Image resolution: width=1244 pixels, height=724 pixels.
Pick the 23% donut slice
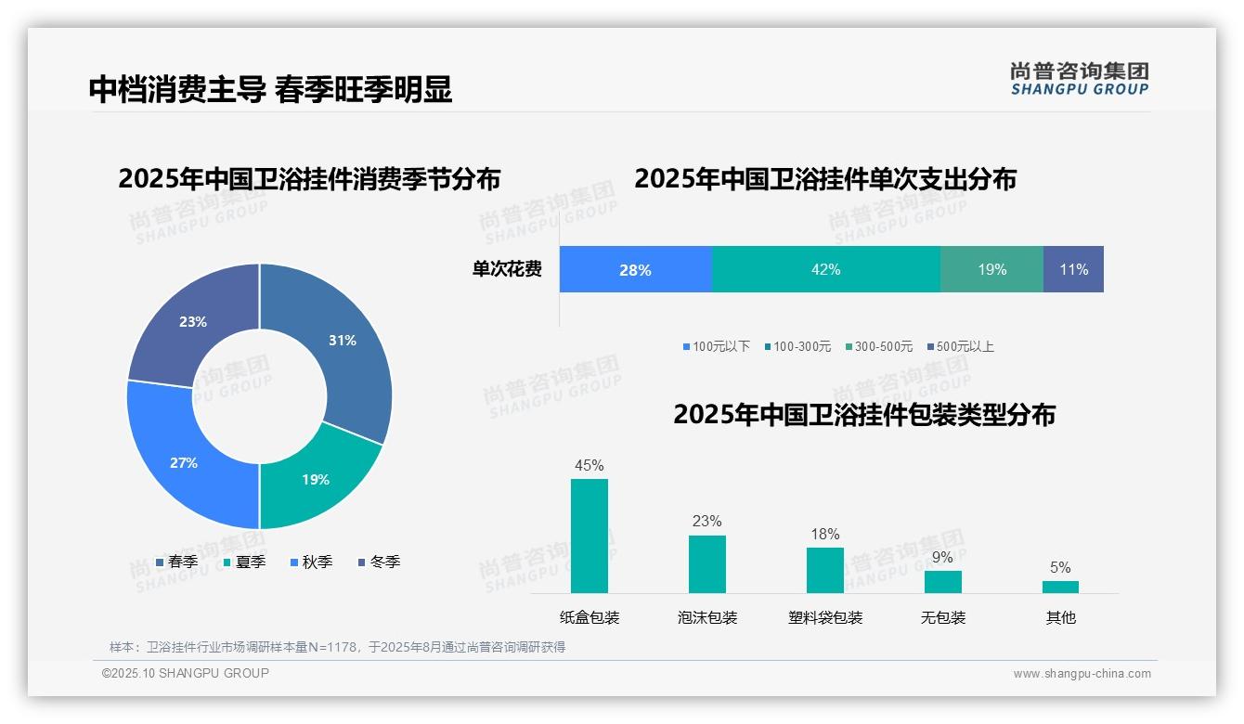[190, 320]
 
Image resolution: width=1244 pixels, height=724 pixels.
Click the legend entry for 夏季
[244, 562]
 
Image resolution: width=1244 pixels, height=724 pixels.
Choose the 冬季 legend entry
[379, 562]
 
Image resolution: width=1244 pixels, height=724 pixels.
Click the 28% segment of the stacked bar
[635, 270]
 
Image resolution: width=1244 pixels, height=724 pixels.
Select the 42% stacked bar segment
[825, 270]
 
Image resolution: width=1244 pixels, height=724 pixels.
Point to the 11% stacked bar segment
[1073, 270]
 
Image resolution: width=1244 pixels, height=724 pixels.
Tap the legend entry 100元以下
[716, 347]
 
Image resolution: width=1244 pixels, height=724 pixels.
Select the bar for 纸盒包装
[589, 536]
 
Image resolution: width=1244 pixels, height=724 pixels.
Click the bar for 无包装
[942, 581]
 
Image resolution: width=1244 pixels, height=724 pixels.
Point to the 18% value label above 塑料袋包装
[824, 534]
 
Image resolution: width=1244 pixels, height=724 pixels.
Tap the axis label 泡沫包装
[706, 618]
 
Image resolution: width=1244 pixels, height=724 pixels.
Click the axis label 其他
[1060, 618]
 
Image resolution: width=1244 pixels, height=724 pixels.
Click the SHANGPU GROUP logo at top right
[1079, 79]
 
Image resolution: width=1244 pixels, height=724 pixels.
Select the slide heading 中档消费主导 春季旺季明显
[270, 89]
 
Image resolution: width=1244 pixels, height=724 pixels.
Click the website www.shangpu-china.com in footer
[1082, 674]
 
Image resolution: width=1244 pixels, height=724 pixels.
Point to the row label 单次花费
[507, 270]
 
